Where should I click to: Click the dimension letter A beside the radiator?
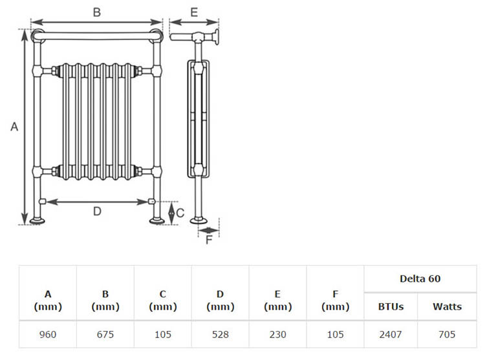point(14,127)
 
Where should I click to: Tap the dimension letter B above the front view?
point(97,12)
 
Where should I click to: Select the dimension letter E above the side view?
point(194,12)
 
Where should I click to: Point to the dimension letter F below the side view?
point(209,240)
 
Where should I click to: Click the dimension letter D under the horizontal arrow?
point(97,211)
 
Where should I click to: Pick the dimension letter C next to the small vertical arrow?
point(180,213)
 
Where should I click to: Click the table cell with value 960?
point(48,334)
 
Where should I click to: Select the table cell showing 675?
point(105,334)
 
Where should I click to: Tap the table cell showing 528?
point(221,334)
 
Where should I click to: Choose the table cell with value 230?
point(278,334)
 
